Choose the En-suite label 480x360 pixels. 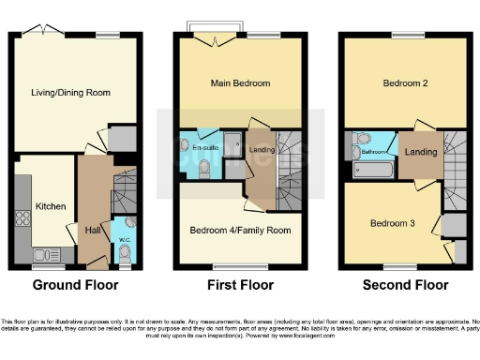(205, 147)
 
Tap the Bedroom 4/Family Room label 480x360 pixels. (240, 230)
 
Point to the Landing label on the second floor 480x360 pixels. (418, 151)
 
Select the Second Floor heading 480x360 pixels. (405, 285)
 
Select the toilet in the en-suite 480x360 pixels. (205, 168)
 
